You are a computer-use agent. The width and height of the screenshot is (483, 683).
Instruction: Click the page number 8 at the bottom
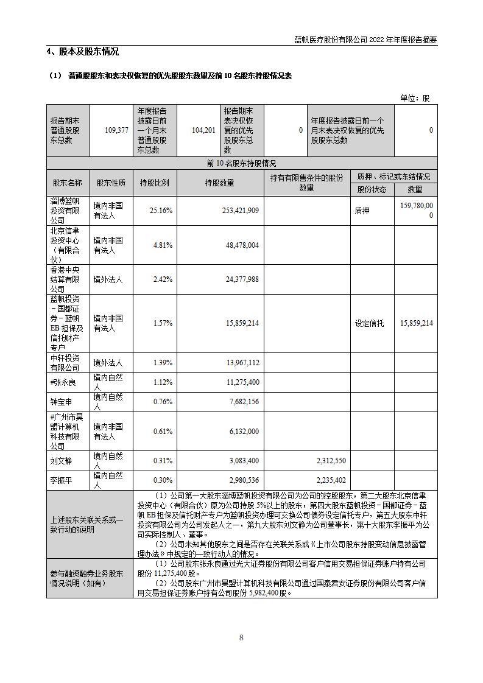(241, 637)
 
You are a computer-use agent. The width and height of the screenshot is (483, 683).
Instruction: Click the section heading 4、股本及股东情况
(83, 52)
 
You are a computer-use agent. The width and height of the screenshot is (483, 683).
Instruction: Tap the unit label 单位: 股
(415, 98)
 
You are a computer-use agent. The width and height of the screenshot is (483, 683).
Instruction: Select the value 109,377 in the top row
(116, 130)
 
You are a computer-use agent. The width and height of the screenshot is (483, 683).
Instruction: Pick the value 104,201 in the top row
(203, 130)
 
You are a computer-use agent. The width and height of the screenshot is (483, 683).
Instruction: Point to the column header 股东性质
(111, 183)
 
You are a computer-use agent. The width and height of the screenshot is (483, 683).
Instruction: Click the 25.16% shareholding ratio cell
(161, 211)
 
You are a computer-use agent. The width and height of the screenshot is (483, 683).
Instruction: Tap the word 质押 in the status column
(362, 211)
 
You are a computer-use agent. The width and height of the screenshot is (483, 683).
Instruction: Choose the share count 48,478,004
(242, 245)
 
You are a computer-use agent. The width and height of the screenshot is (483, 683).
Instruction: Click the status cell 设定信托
(370, 323)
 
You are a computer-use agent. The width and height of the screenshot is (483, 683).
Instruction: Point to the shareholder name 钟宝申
(62, 402)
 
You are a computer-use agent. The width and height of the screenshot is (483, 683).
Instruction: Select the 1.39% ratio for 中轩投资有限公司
(161, 363)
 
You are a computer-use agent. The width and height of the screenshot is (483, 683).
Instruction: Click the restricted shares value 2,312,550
(328, 461)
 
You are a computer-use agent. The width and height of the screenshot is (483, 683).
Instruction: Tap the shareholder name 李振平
(62, 480)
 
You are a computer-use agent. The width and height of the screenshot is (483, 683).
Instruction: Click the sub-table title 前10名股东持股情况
(241, 164)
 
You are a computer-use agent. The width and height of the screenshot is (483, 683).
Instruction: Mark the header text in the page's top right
(365, 40)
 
